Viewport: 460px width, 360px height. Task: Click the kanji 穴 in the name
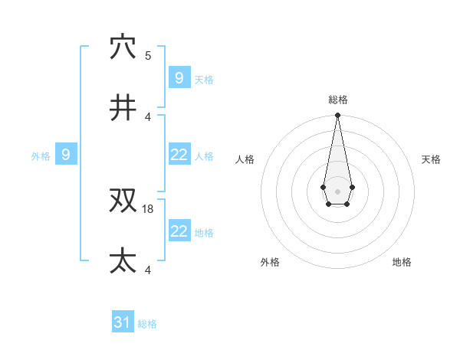tap(123, 47)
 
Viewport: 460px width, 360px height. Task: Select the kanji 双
tap(123, 201)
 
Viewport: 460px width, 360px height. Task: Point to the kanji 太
tap(123, 261)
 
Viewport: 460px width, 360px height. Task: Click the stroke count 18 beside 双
tap(149, 208)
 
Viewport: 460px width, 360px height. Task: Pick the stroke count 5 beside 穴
tap(148, 55)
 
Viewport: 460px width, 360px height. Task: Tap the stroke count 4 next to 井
tap(148, 116)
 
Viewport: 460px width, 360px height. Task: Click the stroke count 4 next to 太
tap(148, 270)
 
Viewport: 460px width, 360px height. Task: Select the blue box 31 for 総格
tap(123, 322)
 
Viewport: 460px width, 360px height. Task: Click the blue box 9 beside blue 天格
tap(179, 77)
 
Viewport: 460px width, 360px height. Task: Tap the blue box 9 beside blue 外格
tap(66, 155)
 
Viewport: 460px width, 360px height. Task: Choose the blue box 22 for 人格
tap(179, 155)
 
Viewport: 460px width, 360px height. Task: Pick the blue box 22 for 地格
tap(179, 231)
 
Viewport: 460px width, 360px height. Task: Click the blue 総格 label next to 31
tap(147, 324)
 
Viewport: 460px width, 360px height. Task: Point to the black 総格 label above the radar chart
tap(337, 100)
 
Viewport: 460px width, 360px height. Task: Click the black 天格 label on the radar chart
tap(431, 159)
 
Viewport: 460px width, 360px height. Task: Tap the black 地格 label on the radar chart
tap(402, 262)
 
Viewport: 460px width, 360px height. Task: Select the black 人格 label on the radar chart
tap(245, 159)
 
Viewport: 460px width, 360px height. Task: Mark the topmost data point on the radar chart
tap(337, 116)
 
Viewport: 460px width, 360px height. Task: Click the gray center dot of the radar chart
tap(337, 191)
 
